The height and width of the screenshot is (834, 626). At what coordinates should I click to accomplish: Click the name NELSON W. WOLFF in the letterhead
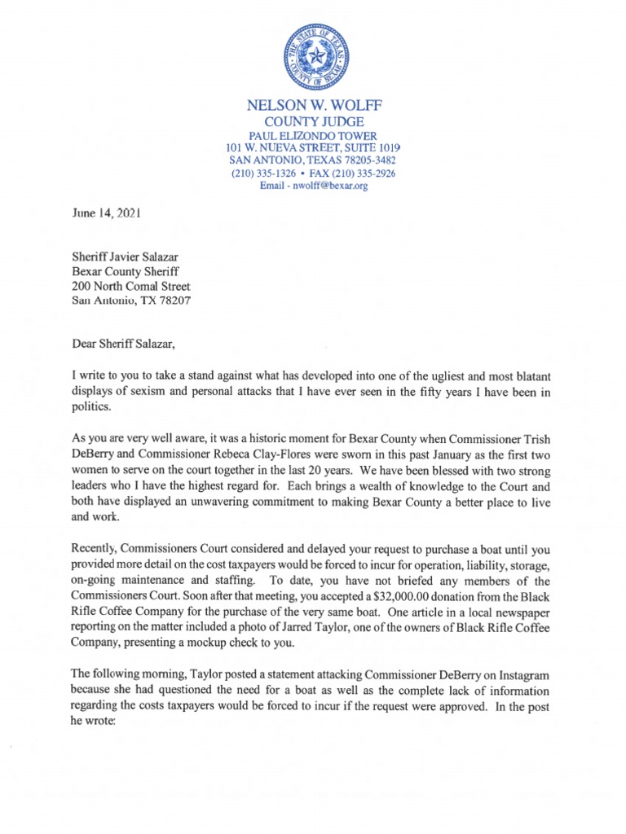coord(313,106)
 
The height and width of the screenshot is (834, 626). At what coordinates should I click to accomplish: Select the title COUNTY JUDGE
coord(313,121)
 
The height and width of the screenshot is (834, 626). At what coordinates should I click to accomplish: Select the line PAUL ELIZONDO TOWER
coord(313,134)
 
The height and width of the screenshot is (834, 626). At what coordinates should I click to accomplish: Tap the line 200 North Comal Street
coord(131,286)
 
